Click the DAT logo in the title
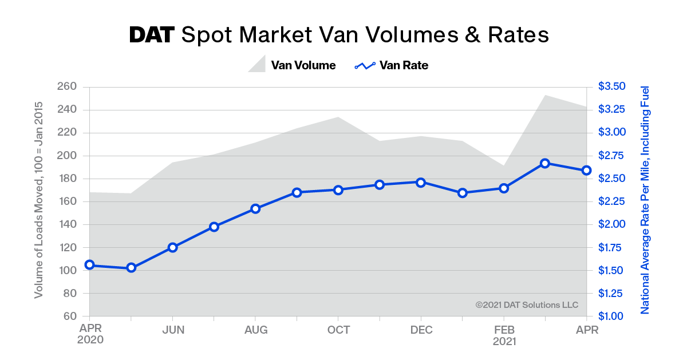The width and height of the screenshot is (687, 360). pos(152,35)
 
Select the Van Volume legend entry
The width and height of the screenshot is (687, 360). pos(292,65)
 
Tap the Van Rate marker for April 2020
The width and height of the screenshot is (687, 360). pos(89,264)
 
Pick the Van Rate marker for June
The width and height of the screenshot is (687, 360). pos(172,247)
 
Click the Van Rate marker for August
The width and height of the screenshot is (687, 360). pos(255,208)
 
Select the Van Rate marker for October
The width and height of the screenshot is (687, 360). pos(338,189)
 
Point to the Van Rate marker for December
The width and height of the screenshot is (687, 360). pos(421,182)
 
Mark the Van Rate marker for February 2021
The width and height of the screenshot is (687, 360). pos(504,188)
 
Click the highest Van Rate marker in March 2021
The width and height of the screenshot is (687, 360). pos(545,163)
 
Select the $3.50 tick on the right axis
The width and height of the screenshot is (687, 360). pos(612,86)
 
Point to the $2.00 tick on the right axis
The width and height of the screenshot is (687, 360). pos(612,224)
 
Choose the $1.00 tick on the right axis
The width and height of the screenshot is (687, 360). pos(612,316)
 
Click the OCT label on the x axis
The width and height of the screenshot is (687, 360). pos(338,330)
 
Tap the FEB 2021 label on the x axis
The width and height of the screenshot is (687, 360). pos(504,335)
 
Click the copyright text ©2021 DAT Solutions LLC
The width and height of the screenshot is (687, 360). pos(527,305)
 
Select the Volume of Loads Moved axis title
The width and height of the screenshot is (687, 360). pos(39,200)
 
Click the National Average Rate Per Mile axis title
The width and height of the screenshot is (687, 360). pos(645,200)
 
